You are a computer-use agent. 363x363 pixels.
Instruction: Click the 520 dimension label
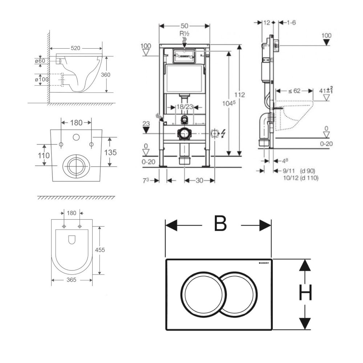(x=76, y=48)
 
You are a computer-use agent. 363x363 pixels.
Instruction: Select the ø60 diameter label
(x=40, y=61)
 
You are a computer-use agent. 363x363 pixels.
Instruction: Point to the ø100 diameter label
(x=42, y=79)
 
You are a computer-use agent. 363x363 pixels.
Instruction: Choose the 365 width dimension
(x=71, y=280)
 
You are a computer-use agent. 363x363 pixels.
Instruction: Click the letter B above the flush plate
(x=220, y=224)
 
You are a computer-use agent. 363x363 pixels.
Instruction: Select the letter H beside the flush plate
(x=305, y=294)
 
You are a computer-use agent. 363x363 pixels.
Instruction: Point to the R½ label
(x=185, y=33)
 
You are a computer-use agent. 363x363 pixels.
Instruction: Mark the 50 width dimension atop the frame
(x=184, y=26)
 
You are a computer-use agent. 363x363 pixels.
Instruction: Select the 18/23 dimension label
(x=184, y=107)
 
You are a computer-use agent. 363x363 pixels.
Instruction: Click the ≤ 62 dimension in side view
(x=295, y=91)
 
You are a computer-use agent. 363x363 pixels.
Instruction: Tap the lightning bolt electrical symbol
(x=223, y=134)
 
